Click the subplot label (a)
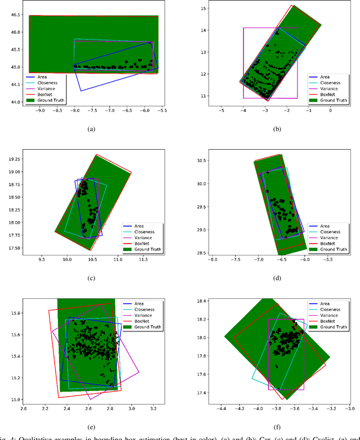[x=91, y=129]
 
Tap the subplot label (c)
[x=91, y=277]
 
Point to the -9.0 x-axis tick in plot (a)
[x=39, y=111]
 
